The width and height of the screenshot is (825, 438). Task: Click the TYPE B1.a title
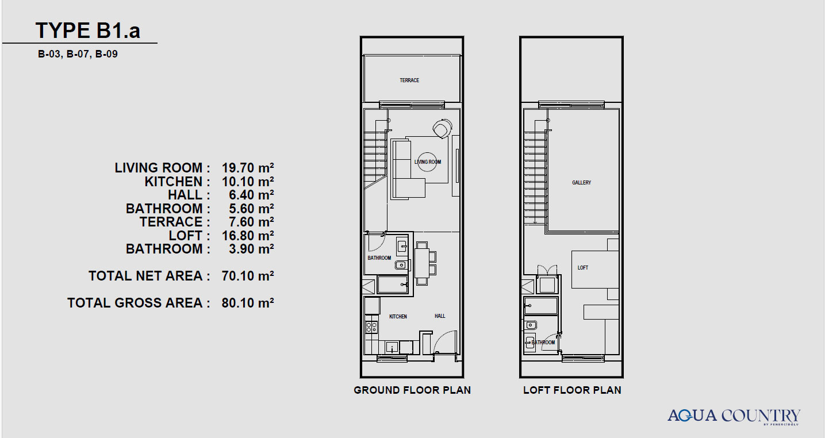87,30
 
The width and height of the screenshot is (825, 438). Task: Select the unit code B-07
78,54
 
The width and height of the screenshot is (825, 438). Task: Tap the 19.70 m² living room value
247,168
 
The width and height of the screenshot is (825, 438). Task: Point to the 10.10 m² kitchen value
247,182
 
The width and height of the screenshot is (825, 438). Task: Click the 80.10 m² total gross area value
247,303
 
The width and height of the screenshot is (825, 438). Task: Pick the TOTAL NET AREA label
149,276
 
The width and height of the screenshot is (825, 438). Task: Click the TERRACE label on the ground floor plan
409,80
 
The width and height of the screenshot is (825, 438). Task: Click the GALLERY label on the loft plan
581,183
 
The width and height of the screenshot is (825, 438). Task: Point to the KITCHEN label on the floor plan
398,317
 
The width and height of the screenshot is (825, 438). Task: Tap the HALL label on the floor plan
440,316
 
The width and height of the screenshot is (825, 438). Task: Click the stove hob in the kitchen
371,327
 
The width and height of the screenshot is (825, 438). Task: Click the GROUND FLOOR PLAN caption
412,390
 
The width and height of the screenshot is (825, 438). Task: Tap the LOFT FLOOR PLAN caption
572,390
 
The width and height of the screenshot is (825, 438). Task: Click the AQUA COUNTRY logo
734,416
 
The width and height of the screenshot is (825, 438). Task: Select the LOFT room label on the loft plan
582,268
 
